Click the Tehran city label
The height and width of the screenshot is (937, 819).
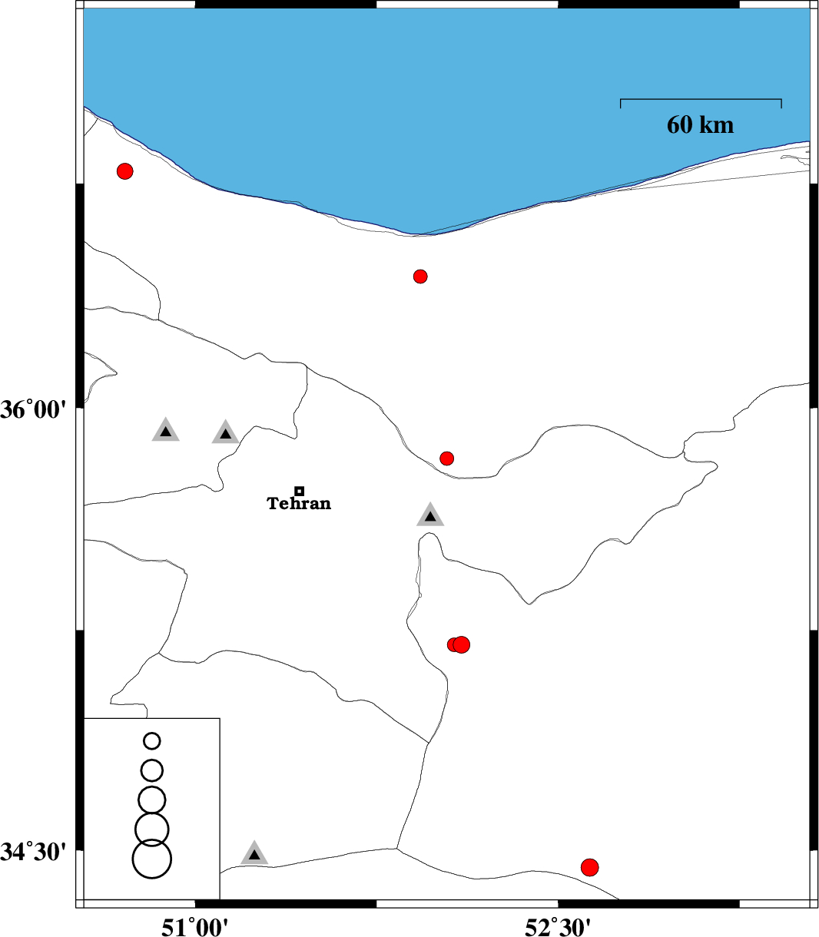pos(299,503)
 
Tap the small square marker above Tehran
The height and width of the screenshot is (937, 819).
pos(299,491)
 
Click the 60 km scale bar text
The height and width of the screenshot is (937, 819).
pos(700,124)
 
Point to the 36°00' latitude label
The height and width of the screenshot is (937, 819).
pos(34,409)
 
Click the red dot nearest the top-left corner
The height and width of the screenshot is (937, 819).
pos(125,171)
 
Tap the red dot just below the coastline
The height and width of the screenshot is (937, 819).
pos(420,276)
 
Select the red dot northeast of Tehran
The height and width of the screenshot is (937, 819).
pos(446,458)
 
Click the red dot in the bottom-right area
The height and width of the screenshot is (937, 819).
pos(589,867)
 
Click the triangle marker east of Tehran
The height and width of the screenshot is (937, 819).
pos(430,515)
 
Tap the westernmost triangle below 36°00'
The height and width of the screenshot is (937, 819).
pos(165,431)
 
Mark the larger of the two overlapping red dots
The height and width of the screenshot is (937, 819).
pos(462,644)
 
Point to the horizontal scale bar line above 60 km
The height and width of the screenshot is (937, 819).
pos(701,99)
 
